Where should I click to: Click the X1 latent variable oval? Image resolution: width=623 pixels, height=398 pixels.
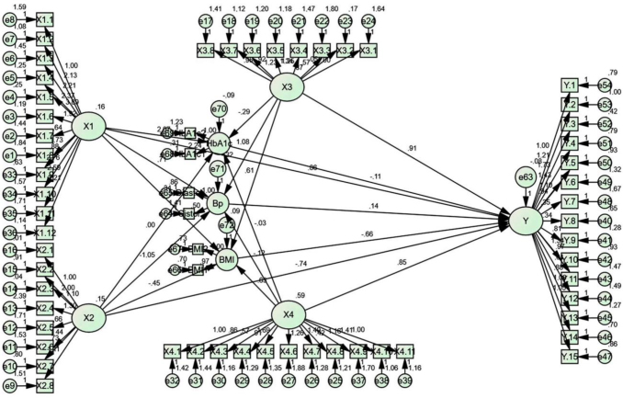coord(88,127)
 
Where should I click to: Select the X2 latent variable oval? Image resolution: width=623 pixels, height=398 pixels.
coord(88,316)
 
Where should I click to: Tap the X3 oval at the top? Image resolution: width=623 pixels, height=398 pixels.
coord(287,87)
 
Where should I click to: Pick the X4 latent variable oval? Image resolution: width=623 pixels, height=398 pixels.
coord(288,315)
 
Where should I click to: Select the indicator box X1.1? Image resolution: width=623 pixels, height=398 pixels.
coord(45,19)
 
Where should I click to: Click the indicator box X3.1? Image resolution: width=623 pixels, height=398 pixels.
coord(368,49)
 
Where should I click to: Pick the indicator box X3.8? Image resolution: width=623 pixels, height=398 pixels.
coord(205,49)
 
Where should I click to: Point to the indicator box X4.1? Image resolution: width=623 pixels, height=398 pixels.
coord(172,350)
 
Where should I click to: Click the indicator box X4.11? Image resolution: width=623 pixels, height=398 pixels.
coord(404,350)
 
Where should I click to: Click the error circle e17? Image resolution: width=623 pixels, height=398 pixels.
coord(205,20)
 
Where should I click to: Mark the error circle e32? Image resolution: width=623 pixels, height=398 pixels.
coord(172,379)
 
